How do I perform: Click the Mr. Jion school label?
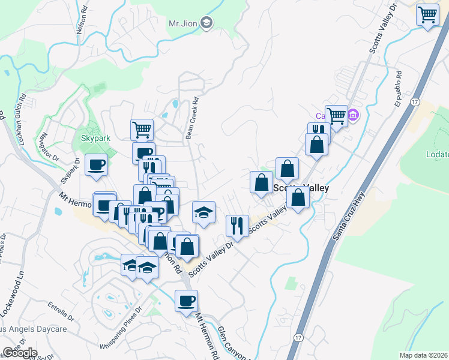tap(182, 23)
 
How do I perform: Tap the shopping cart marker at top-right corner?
tap(427, 14)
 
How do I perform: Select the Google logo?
tap(19, 353)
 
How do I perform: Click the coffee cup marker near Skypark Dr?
tap(96, 165)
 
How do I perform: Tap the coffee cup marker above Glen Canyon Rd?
tap(186, 300)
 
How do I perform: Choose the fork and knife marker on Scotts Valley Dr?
tap(237, 226)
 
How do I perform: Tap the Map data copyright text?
tap(424, 355)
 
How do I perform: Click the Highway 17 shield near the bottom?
tap(298, 338)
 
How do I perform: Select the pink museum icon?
tap(353, 114)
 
